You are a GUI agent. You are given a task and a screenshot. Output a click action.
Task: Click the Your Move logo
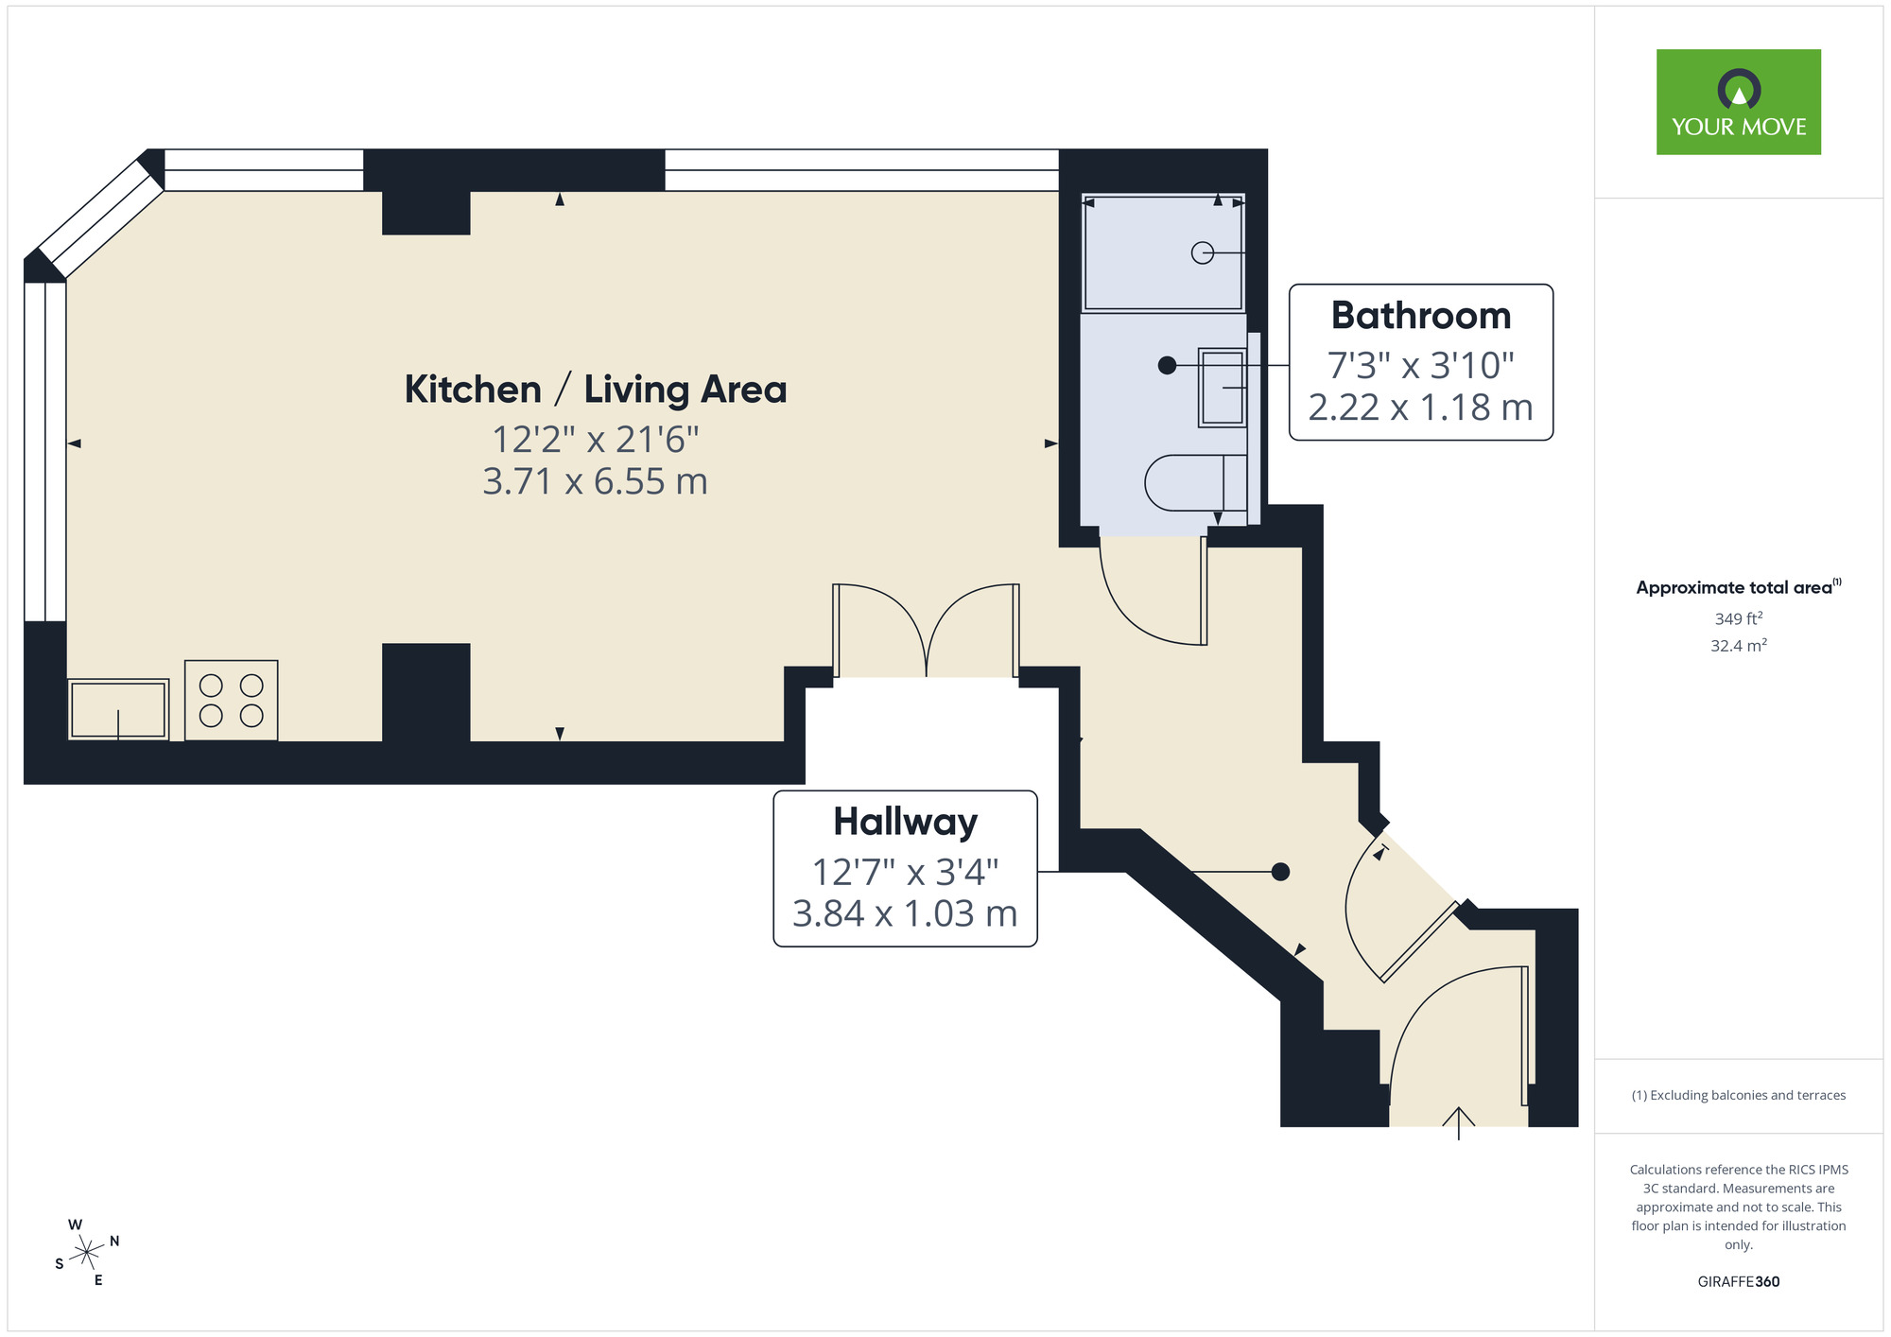[1738, 102]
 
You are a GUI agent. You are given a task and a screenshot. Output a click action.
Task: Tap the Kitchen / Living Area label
[596, 390]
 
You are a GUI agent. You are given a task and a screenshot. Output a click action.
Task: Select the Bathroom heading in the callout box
[1420, 316]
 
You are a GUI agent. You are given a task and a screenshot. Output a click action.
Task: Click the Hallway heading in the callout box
[905, 822]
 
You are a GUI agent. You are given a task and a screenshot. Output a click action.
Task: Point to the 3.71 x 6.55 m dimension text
[595, 482]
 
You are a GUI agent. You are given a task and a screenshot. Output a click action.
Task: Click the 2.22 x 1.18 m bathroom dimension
[1420, 408]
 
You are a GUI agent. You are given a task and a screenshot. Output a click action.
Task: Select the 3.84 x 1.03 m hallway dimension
[905, 913]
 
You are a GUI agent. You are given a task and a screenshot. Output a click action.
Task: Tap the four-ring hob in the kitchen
[231, 701]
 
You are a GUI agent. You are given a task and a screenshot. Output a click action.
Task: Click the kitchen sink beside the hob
[118, 709]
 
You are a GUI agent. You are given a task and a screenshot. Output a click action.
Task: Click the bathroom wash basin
[1222, 388]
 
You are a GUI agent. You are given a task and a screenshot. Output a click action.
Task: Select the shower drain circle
[1202, 253]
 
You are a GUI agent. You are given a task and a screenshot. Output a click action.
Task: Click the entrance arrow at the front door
[1459, 1122]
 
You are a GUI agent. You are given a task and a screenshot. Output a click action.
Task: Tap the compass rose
[87, 1253]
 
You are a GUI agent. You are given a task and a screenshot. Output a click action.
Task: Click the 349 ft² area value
[1738, 618]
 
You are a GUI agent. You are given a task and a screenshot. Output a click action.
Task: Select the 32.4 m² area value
[1738, 646]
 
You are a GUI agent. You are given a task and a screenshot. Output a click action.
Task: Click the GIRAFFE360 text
[1738, 1282]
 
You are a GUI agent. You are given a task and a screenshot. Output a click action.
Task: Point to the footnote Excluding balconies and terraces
[1738, 1095]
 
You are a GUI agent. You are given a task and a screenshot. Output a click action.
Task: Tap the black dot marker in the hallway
[1280, 872]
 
